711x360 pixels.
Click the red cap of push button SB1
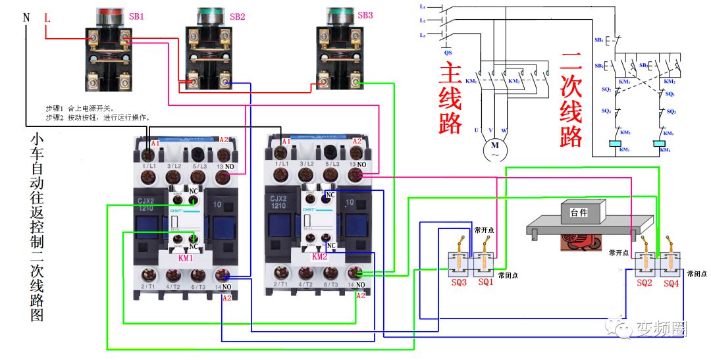click(x=110, y=13)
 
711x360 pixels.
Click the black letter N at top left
click(x=27, y=18)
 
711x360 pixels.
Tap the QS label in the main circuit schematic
click(x=448, y=51)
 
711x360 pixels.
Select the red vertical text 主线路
click(x=451, y=99)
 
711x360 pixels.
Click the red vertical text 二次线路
click(x=571, y=99)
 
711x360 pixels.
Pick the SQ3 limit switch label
click(x=459, y=282)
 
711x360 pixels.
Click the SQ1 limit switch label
click(x=485, y=282)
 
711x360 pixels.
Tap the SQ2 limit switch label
click(x=645, y=283)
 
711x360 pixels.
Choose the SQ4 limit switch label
click(x=671, y=283)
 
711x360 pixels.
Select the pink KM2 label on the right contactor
click(x=319, y=257)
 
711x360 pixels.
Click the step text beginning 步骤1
click(x=79, y=107)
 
